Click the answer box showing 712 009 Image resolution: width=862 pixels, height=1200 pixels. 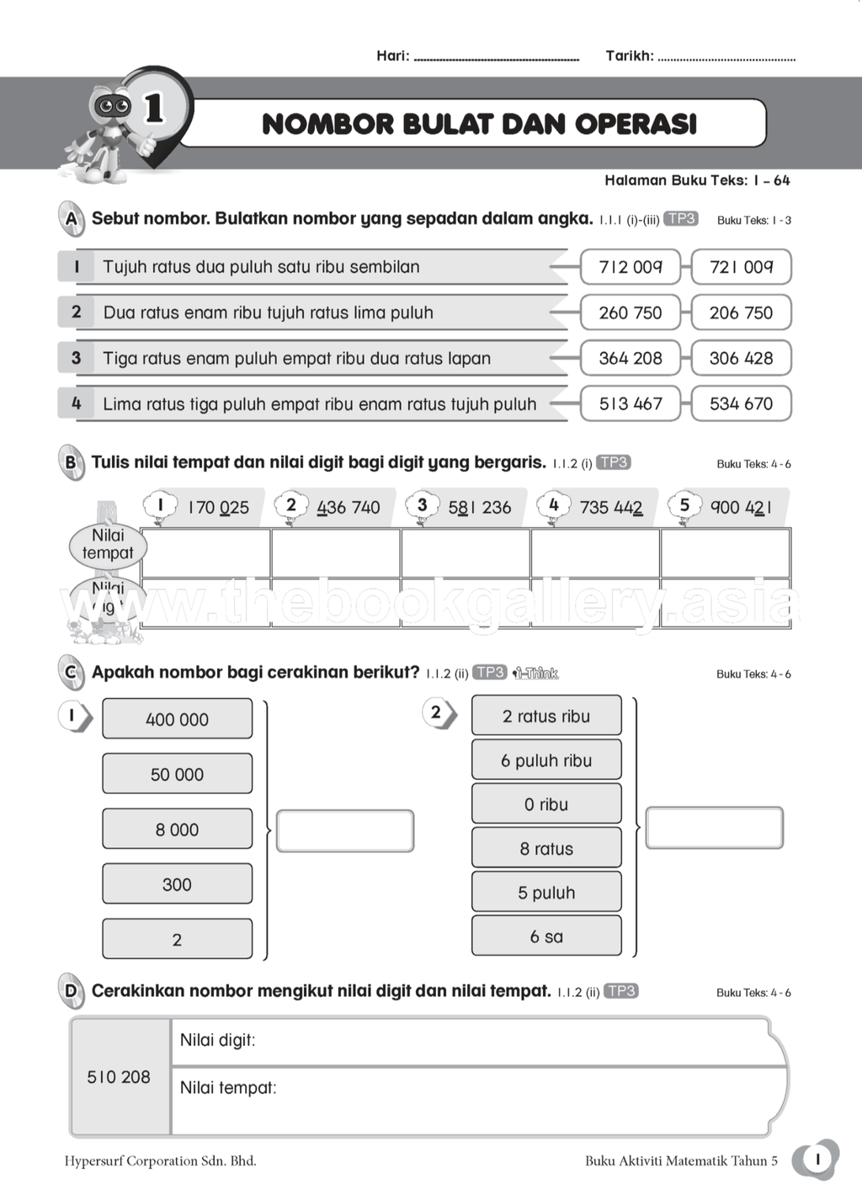(631, 267)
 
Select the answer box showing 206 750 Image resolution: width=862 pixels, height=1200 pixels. (741, 312)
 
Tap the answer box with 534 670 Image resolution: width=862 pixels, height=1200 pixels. (741, 403)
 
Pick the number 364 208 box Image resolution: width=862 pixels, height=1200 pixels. (631, 358)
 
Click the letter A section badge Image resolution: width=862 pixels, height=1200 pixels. (72, 219)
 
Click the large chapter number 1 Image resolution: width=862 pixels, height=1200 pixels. (154, 109)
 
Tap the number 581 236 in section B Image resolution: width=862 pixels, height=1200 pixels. (479, 507)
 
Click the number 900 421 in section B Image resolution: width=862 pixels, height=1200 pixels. (741, 507)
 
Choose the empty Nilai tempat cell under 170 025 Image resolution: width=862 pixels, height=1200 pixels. (205, 552)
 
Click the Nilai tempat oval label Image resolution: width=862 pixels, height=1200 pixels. (108, 544)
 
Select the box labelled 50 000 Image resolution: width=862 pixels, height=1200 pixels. (177, 774)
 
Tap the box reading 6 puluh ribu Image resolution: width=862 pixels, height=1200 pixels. (546, 760)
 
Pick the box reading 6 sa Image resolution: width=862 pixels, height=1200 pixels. (546, 936)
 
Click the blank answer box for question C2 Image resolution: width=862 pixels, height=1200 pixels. (714, 829)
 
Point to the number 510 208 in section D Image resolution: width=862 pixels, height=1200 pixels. (119, 1077)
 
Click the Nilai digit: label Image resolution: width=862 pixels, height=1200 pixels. (217, 1040)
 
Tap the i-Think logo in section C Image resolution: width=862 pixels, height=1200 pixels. (536, 673)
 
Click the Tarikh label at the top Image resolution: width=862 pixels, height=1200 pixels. (629, 56)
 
